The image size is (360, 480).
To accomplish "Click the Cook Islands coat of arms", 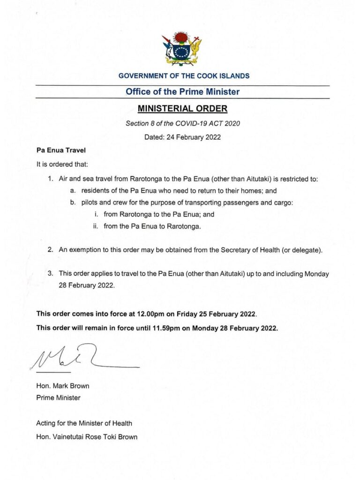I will point(182,48).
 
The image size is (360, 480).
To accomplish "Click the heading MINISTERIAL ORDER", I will point(182,109).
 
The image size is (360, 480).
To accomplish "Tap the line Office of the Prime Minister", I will point(182,92).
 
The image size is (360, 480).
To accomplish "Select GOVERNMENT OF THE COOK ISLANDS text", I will point(184,75).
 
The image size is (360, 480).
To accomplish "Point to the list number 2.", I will point(50,250).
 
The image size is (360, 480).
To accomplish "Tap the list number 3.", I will point(50,273).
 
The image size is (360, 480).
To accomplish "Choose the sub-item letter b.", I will point(73,202).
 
